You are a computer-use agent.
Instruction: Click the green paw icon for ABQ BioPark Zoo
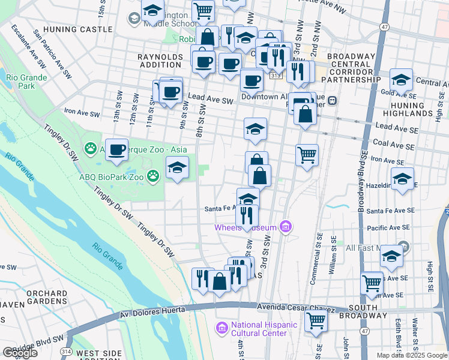pyautogui.click(x=154, y=176)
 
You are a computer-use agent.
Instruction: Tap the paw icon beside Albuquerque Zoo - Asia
pyautogui.click(x=91, y=148)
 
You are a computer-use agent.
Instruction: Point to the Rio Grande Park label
pyautogui.click(x=20, y=81)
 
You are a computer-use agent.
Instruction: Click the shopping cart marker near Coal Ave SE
pyautogui.click(x=307, y=155)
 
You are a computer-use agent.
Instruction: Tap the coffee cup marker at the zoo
pyautogui.click(x=117, y=149)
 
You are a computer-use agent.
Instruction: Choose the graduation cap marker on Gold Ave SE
pyautogui.click(x=401, y=79)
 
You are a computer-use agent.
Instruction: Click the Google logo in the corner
pyautogui.click(x=20, y=353)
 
